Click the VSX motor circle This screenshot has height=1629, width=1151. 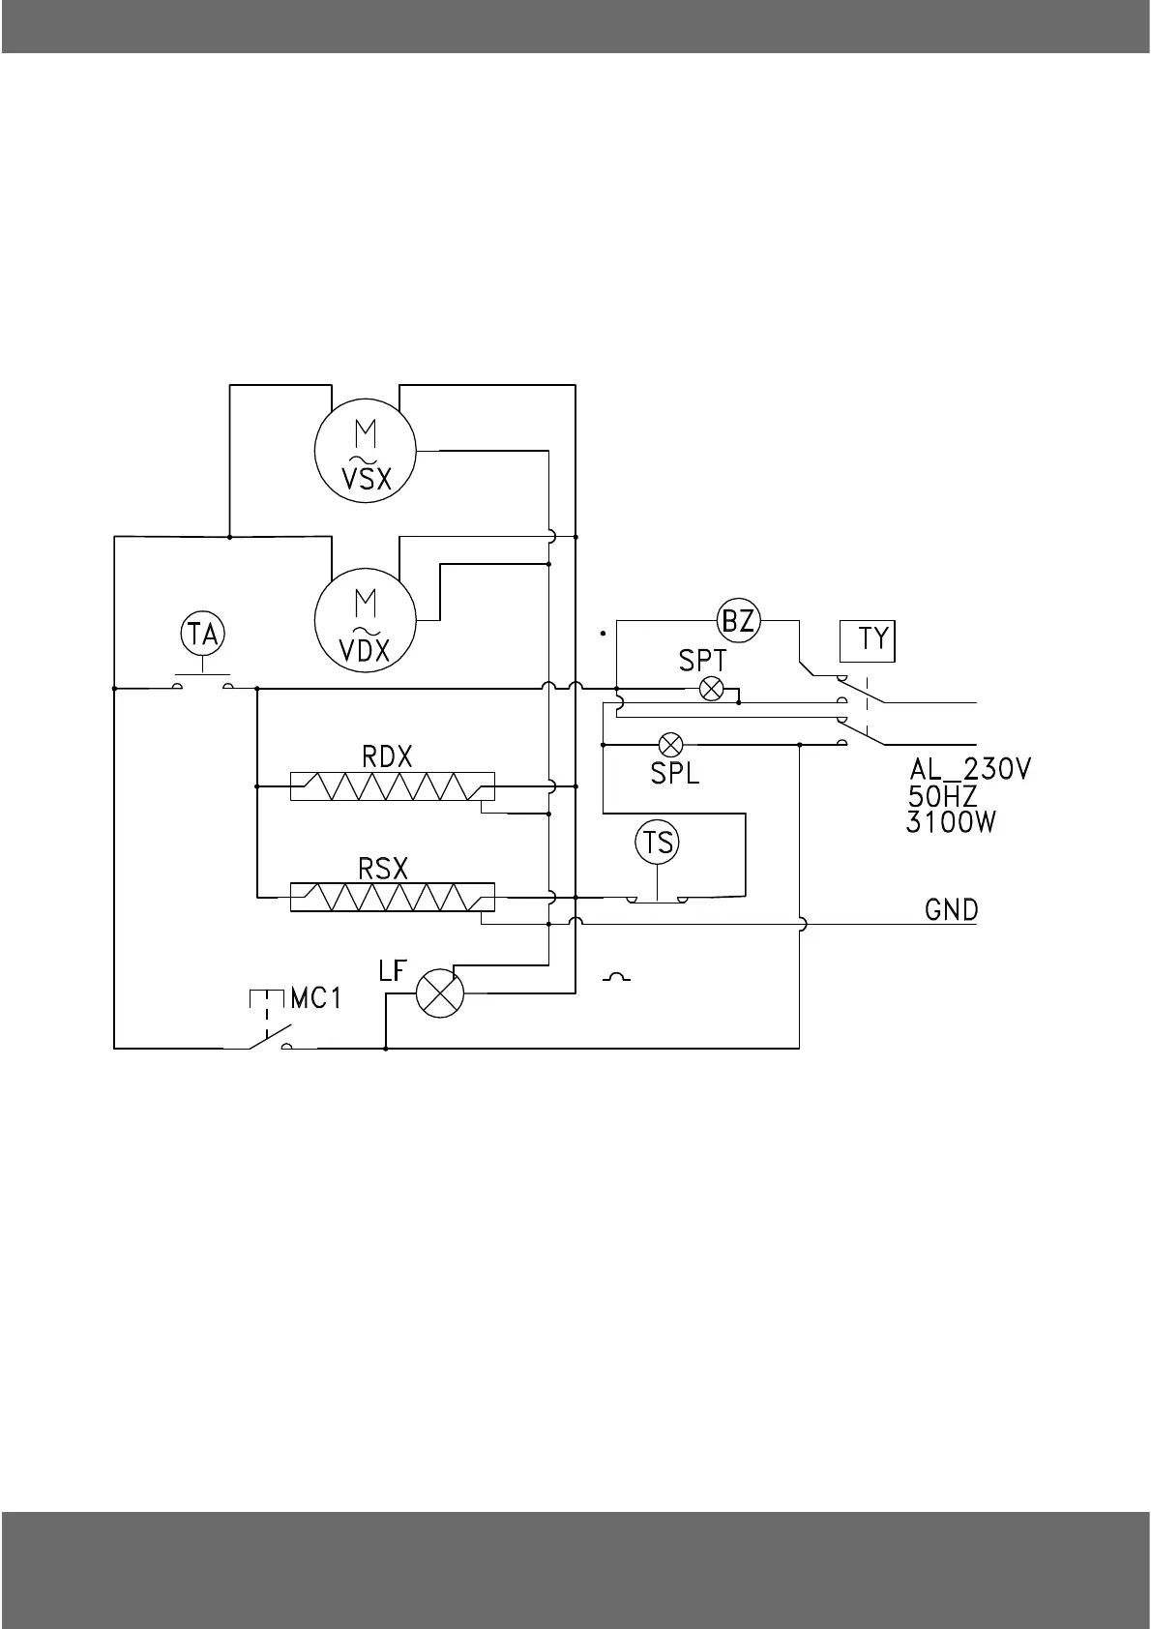(x=366, y=452)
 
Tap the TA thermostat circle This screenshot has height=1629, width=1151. (x=203, y=635)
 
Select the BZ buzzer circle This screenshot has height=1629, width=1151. (x=739, y=620)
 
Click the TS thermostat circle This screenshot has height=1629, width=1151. (x=658, y=842)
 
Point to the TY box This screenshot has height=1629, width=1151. (x=868, y=640)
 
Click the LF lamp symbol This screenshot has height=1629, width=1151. (x=440, y=992)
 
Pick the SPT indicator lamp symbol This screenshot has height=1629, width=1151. (x=712, y=689)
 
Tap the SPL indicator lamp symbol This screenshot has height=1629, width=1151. (x=670, y=745)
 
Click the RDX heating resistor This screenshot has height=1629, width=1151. (x=392, y=787)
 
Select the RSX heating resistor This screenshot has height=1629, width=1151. (x=392, y=898)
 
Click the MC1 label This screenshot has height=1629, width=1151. (x=316, y=998)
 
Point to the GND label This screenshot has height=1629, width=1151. (x=952, y=910)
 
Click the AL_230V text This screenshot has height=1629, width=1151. (x=970, y=770)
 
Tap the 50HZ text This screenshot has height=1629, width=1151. (x=942, y=797)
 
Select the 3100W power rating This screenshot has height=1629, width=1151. (x=952, y=823)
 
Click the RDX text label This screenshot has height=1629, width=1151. (x=387, y=756)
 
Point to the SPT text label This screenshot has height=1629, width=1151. (x=702, y=661)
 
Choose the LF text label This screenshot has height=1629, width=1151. (x=392, y=970)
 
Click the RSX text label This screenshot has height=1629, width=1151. (x=383, y=869)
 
